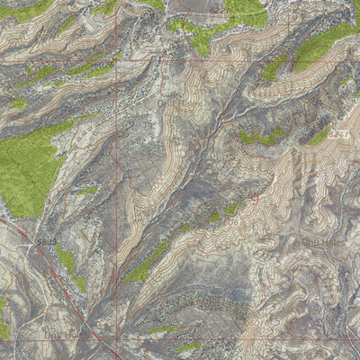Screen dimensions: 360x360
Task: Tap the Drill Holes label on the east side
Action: click(x=323, y=241)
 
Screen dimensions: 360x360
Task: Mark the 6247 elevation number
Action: click(x=338, y=134)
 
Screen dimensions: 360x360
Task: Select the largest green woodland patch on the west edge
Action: click(x=27, y=166)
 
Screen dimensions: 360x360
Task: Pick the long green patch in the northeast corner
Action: click(x=319, y=45)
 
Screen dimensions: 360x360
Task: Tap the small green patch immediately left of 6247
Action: click(x=319, y=137)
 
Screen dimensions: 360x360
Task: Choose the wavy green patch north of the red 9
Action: click(x=261, y=138)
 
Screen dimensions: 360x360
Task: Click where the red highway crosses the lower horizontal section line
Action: click(x=101, y=339)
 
